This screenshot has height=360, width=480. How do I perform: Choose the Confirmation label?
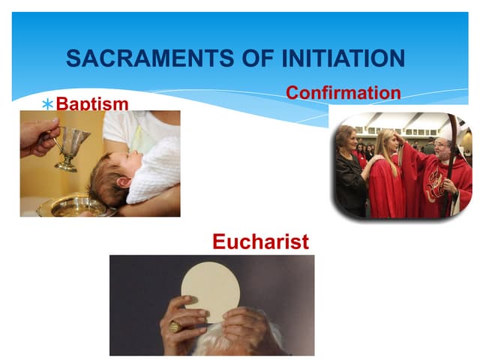click(343, 93)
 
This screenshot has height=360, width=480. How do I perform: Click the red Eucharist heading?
click(260, 241)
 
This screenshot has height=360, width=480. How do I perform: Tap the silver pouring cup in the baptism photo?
click(72, 145)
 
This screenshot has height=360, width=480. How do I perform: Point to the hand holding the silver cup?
click(37, 135)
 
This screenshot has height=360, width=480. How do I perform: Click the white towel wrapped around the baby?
click(154, 169)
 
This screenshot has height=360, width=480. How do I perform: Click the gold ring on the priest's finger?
click(174, 326)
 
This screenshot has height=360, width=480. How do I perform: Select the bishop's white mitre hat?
click(447, 131)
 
